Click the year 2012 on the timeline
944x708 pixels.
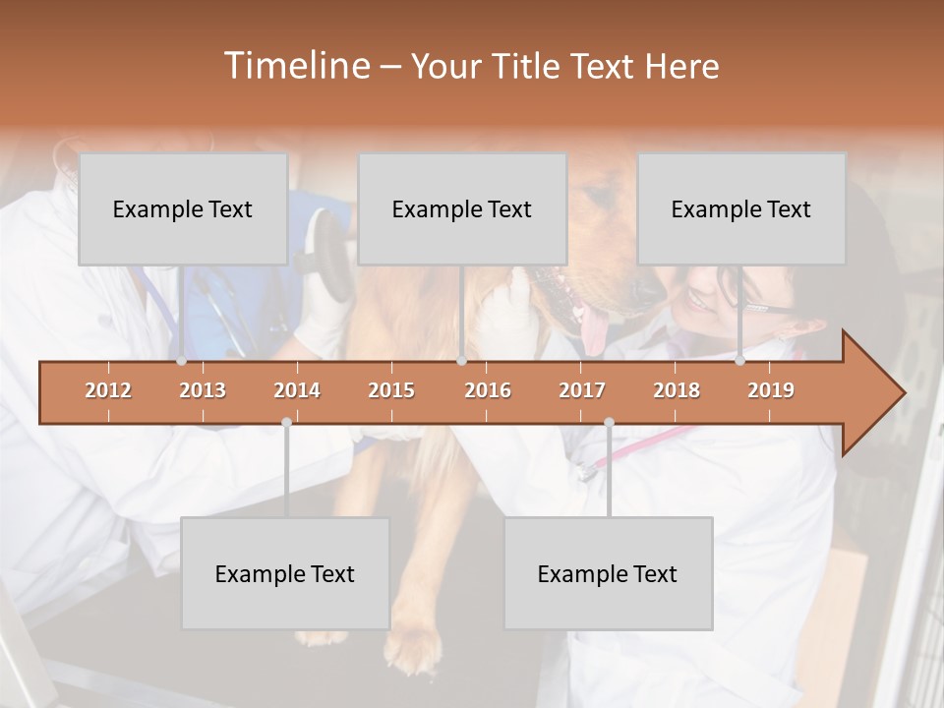click(x=108, y=390)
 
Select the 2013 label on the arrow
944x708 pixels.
click(x=203, y=390)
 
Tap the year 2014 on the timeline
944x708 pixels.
click(x=297, y=390)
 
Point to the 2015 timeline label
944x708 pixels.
click(x=391, y=390)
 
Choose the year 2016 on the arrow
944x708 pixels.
click(x=488, y=390)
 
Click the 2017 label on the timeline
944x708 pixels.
click(x=582, y=390)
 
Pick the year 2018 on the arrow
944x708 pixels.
click(x=677, y=390)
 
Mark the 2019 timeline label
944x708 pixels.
click(x=771, y=390)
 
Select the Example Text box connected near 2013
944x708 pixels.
click(x=183, y=208)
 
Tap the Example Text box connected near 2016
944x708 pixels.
click(x=462, y=208)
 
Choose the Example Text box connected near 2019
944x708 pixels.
click(x=741, y=208)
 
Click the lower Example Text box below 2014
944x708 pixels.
click(x=285, y=573)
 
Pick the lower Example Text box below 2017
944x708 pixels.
click(x=608, y=573)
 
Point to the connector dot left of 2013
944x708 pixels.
click(x=181, y=361)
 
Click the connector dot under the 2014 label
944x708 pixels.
click(x=286, y=422)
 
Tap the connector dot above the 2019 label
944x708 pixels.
click(x=739, y=361)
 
